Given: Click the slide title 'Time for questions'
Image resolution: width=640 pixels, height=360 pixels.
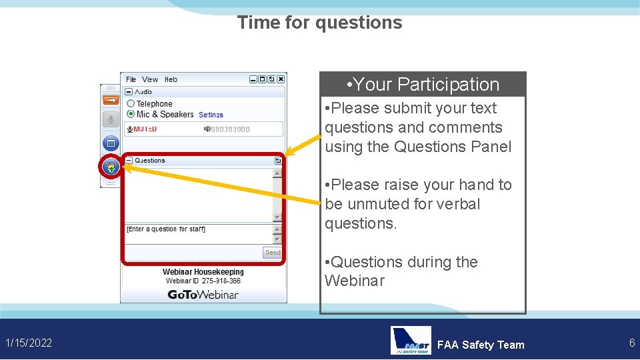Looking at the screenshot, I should [319, 23].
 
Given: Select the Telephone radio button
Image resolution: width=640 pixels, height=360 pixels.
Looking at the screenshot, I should [131, 104].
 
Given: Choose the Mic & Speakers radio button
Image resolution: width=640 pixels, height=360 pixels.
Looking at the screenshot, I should [131, 114].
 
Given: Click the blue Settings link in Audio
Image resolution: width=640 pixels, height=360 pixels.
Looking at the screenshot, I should [211, 115].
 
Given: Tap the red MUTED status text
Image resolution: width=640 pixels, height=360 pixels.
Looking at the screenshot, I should [145, 129].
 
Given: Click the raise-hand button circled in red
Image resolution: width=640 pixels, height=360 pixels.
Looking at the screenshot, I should [111, 167].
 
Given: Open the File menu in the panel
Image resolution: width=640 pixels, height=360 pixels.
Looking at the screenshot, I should [131, 79].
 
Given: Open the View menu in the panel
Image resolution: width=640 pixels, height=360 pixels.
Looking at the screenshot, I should [150, 79].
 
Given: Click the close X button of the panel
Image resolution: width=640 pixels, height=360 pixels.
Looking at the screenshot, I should [281, 79].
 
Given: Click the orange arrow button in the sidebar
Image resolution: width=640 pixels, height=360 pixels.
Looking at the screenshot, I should [111, 100].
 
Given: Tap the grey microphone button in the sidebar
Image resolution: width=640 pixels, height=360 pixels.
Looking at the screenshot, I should [111, 119].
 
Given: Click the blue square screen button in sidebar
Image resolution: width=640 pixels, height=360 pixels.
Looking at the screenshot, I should [111, 143].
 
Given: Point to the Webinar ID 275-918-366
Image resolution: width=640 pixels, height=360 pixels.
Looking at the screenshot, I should [203, 281].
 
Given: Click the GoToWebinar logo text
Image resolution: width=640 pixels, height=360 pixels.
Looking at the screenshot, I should [203, 294].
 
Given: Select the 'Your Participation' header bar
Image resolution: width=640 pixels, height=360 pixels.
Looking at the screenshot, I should [423, 85].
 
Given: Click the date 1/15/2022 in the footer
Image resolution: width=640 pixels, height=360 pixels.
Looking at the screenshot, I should [29, 343].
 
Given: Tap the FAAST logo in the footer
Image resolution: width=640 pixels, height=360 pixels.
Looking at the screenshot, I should [411, 341].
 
